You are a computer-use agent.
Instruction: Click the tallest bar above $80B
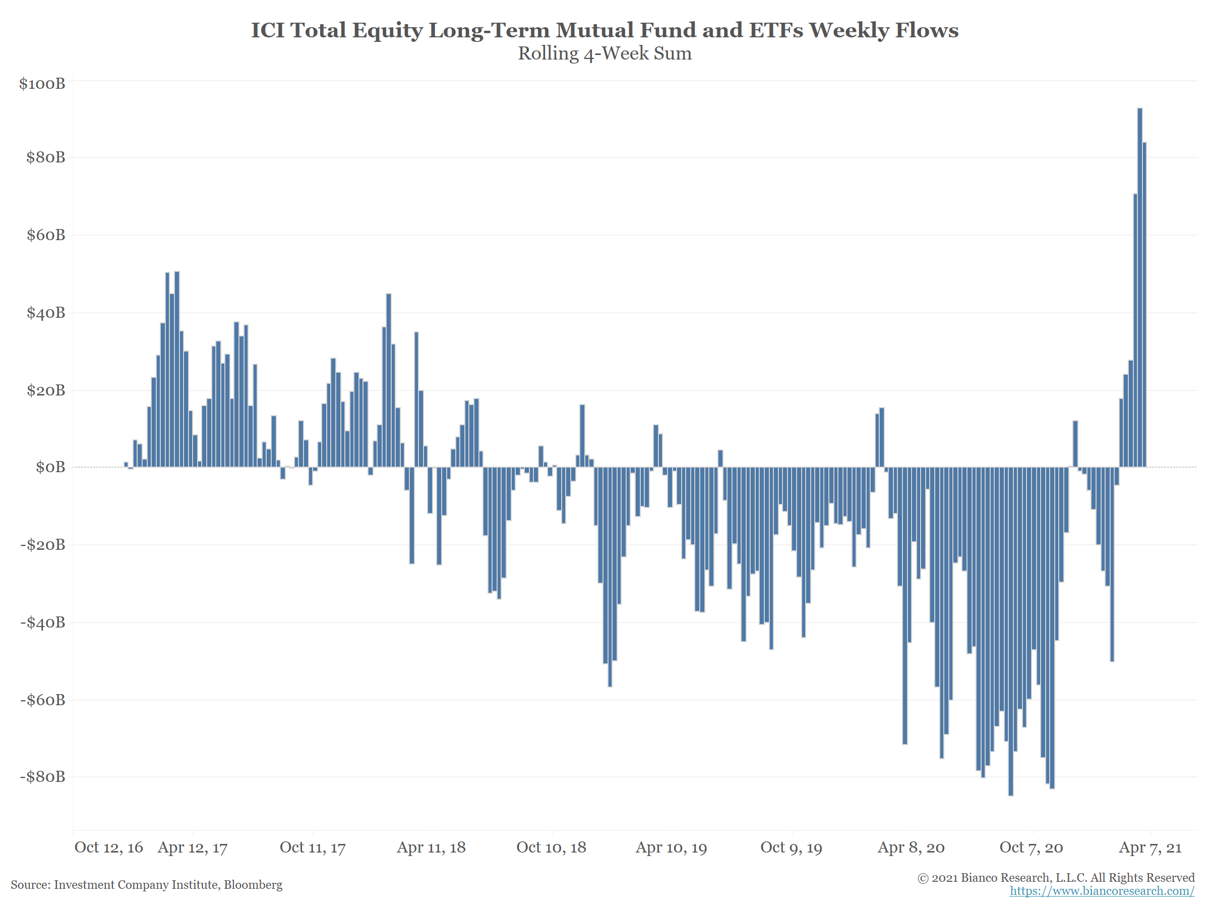point(1139,288)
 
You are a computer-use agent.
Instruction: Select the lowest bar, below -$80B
point(1010,631)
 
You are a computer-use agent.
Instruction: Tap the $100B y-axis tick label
point(42,83)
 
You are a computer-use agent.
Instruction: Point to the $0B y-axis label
point(50,467)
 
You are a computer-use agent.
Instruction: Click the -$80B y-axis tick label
point(42,777)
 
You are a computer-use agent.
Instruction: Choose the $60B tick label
point(46,235)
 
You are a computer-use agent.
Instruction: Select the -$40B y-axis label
point(42,622)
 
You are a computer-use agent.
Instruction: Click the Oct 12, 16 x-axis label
point(108,848)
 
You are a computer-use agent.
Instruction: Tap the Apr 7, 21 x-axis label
point(1151,848)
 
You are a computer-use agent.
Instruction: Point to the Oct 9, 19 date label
point(791,848)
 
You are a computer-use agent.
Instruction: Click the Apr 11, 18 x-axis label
point(431,848)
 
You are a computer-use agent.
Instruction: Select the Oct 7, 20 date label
point(1031,848)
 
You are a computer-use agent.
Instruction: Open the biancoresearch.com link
point(1102,891)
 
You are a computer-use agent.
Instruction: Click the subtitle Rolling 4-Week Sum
point(604,53)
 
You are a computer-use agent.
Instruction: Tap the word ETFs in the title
point(776,30)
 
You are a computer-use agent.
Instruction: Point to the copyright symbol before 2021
point(923,878)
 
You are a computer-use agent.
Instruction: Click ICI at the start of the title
point(268,30)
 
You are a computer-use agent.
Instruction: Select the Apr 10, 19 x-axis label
point(671,848)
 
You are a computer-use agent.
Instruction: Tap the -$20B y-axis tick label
point(42,545)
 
